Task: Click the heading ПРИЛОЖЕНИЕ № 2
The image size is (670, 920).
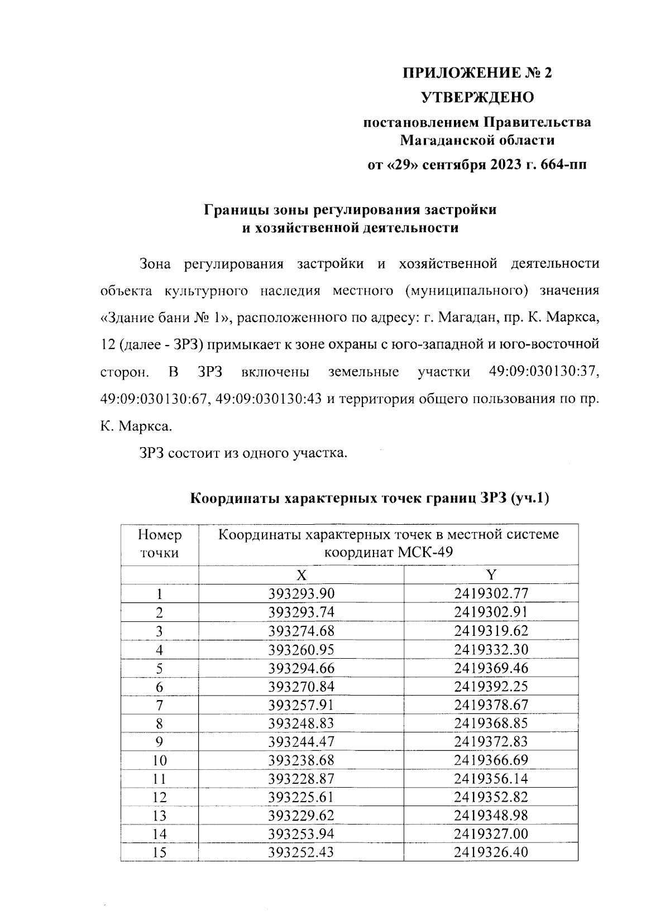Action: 477,73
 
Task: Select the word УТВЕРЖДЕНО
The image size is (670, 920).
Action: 477,98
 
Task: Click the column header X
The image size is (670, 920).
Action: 301,575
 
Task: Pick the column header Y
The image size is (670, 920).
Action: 491,575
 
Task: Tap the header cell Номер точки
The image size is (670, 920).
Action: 160,544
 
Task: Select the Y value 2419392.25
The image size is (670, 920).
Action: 491,686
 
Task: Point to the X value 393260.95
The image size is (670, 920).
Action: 301,649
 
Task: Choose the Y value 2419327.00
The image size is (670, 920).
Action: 491,833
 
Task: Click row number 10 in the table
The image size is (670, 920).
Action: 160,760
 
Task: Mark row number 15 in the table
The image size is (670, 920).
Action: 160,852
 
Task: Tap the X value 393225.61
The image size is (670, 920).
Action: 301,797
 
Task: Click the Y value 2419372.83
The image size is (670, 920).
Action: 491,741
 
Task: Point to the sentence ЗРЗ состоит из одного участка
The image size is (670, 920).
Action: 243,453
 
